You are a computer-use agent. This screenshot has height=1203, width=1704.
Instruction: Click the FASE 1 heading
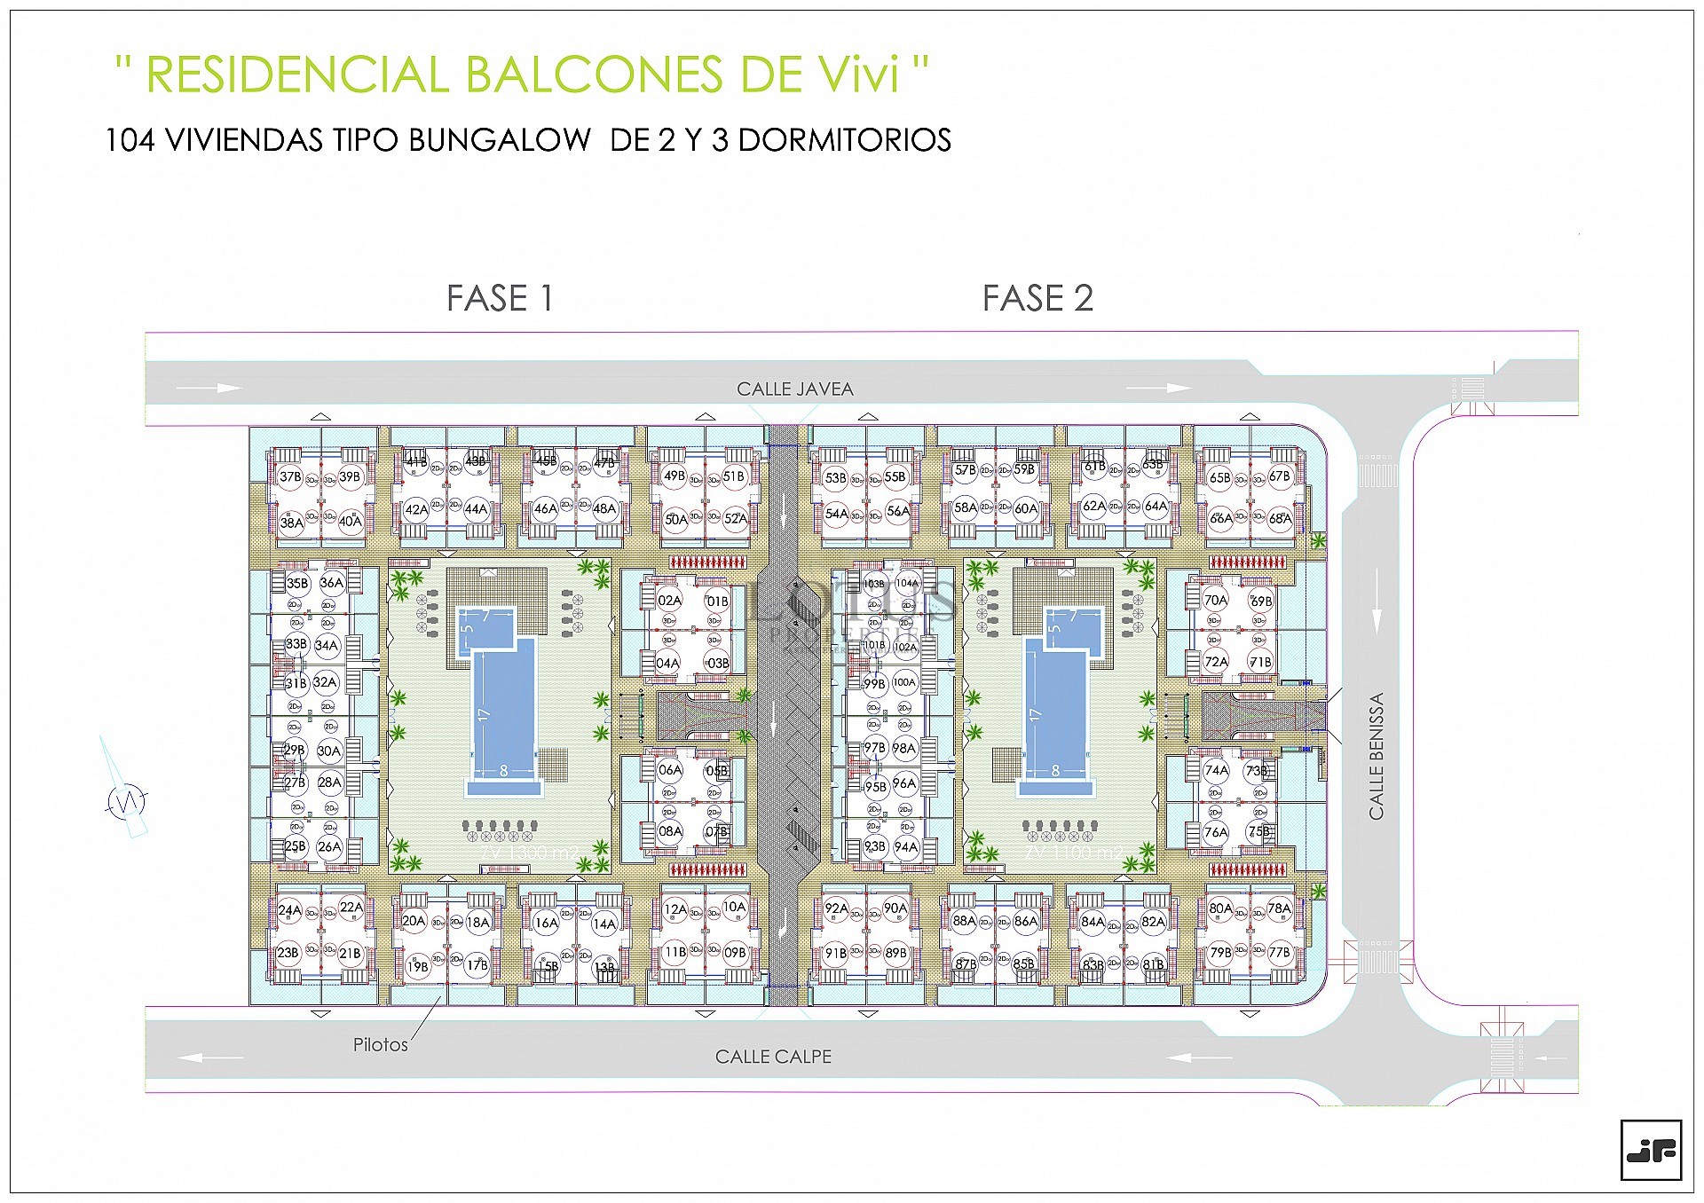coord(500,299)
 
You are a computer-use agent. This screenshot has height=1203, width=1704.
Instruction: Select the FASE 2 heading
coord(1037,299)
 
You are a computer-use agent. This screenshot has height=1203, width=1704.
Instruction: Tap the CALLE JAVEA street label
coord(794,389)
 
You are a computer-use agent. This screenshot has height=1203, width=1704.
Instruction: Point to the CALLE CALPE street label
coord(773,1057)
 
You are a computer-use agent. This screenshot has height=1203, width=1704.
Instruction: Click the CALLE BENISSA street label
coord(1376,756)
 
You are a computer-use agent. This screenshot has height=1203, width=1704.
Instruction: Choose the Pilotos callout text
coord(380,1045)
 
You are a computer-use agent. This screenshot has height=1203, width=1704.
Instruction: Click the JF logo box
coord(1651,1151)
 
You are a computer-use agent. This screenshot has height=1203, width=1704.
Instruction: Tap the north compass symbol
coord(126,801)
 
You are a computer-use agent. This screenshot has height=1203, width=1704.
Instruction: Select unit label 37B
coord(290,477)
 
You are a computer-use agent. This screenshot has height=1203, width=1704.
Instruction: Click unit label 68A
coord(1279,519)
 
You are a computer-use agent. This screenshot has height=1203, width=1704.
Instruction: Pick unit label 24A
coord(289,910)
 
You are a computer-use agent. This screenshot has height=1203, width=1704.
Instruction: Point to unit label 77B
coord(1279,953)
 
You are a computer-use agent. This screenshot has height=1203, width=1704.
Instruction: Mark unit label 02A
coord(669,601)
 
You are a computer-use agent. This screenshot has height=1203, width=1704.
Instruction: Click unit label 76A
coord(1215,832)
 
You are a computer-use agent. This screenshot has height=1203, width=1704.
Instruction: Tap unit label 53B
coord(835,478)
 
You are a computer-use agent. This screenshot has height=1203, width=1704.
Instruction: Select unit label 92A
coord(836,908)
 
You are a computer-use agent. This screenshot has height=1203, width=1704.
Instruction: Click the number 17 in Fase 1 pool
coord(484,714)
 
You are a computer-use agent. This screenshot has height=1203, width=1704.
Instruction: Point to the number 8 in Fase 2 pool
coord(1055,771)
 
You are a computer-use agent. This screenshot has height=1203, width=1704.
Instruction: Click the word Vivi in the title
coord(857,75)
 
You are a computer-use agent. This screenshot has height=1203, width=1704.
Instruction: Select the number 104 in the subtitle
coord(130,140)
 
